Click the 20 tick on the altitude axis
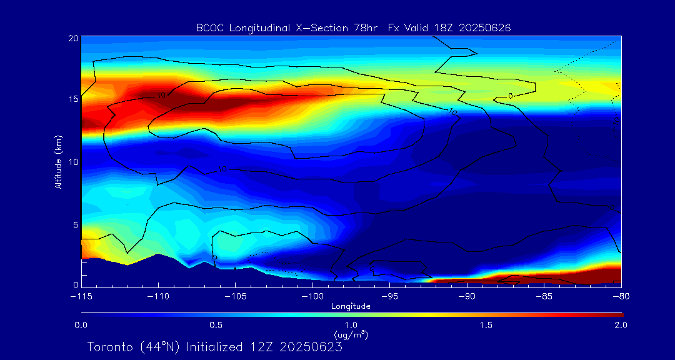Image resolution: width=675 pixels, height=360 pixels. point(72,38)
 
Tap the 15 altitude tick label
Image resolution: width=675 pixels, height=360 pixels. point(72,99)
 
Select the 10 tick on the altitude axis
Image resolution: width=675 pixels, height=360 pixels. point(72,162)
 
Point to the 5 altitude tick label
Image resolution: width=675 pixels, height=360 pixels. point(75,224)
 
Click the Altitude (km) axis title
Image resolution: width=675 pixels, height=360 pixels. point(59,161)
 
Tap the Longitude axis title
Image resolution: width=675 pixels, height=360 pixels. point(351,306)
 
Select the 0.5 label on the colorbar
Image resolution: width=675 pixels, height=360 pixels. point(216,325)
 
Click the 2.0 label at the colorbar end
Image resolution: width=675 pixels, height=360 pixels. point(620,325)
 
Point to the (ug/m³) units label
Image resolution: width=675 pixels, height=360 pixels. point(351,335)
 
